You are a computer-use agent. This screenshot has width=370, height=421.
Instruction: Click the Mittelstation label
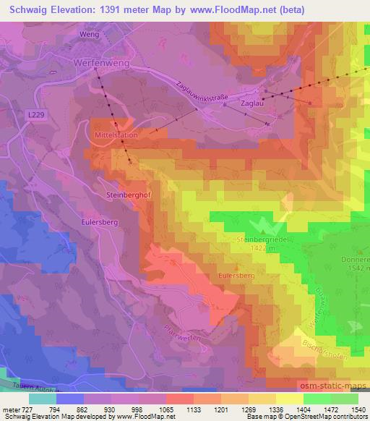tap(113, 135)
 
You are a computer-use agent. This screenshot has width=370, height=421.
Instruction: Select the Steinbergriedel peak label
tap(261, 238)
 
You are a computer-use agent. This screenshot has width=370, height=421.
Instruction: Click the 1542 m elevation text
tap(355, 268)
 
